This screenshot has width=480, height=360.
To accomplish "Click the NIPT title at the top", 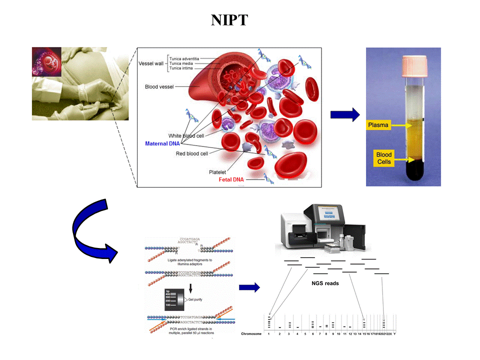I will point(229,20).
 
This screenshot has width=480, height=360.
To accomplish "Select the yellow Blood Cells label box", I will point(384,158).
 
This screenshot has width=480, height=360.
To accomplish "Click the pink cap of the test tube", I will point(403,62).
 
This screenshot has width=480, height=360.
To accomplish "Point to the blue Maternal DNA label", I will point(162,143).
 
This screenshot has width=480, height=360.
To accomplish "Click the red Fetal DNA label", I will point(231,179).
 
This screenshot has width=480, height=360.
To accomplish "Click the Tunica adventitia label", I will point(187,57).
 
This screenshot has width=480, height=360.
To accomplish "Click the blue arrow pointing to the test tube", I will point(345,114).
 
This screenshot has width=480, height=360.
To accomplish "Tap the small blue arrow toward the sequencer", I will point(249,287).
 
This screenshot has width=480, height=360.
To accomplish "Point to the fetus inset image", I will point(46,61).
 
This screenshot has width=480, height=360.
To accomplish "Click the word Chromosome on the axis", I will point(251,333).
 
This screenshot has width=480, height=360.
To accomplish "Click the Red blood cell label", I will point(191,153).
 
